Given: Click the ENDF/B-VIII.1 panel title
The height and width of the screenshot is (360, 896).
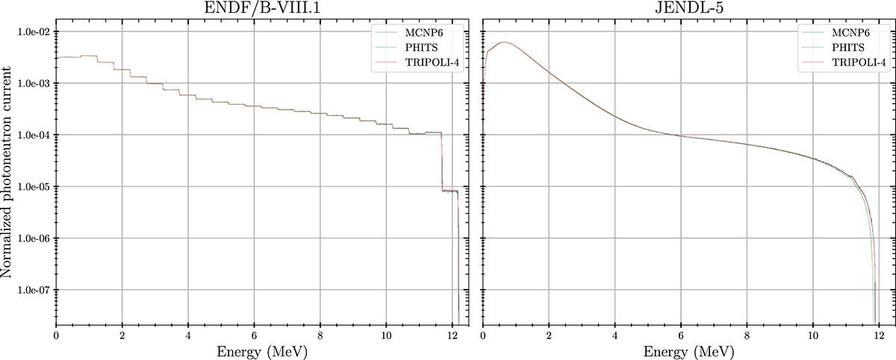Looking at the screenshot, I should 262,10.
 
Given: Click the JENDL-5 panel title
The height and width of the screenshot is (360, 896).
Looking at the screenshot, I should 688,10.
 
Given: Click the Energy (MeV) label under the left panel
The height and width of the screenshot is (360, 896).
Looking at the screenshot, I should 262,350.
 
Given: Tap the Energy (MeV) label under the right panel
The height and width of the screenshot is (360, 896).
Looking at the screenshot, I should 688,350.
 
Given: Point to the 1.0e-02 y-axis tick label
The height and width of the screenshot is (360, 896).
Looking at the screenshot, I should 34,32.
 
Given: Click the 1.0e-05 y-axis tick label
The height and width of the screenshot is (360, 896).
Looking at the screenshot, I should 34,187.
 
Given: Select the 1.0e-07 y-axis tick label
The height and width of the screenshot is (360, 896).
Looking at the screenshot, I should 34,290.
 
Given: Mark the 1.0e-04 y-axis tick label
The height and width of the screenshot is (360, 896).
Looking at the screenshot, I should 34,135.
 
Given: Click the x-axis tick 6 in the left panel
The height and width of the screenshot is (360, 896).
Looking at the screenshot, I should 254,334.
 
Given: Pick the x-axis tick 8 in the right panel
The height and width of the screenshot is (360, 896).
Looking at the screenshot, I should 747,334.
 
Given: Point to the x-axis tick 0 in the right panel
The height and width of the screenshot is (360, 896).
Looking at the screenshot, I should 483,334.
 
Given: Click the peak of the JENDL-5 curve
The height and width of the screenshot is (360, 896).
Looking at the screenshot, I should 505,43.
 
